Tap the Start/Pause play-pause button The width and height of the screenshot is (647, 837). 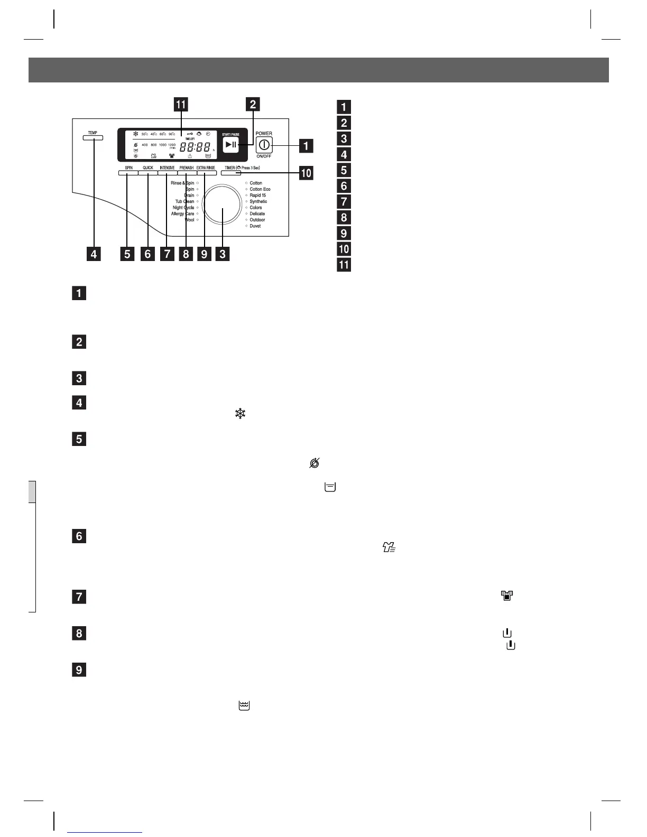click(230, 145)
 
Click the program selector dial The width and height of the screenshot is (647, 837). click(222, 204)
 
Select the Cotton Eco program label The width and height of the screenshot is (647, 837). click(260, 189)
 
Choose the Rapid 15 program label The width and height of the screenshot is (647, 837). click(257, 196)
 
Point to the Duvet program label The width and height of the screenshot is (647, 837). click(255, 226)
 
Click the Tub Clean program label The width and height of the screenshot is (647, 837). click(184, 201)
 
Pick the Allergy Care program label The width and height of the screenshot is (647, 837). click(182, 214)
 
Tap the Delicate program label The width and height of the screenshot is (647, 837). click(257, 214)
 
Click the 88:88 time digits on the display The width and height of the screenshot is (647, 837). click(195, 148)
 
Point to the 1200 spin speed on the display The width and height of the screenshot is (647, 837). click(171, 144)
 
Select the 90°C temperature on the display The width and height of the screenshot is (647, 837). click(172, 134)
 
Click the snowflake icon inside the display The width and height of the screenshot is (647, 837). click(135, 134)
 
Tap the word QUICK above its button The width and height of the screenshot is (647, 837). click(147, 168)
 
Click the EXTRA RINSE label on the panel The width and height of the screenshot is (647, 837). click(206, 168)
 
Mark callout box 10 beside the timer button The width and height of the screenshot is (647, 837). click(306, 173)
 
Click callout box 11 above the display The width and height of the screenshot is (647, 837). click(181, 104)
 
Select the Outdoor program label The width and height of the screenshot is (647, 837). click(257, 220)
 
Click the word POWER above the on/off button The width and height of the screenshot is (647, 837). click(264, 133)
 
